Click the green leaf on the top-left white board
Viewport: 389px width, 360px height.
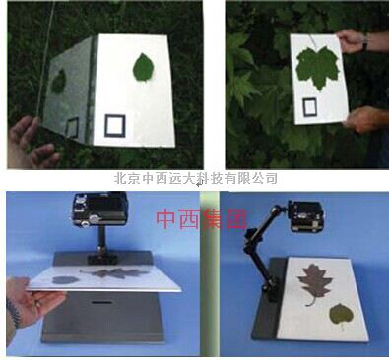[x=143, y=67]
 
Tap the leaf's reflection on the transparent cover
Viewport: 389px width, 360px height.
[x=59, y=82]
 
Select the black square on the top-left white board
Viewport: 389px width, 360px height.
[x=115, y=126]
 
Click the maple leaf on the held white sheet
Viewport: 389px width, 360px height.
[x=318, y=68]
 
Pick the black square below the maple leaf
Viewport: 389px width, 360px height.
[x=310, y=107]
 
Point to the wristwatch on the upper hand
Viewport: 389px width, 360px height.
[x=365, y=41]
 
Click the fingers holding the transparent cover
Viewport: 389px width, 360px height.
[x=31, y=142]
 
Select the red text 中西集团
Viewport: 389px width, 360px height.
[x=201, y=219]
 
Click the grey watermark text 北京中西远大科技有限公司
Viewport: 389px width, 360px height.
[x=196, y=178]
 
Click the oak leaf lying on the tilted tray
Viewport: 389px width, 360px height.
[x=114, y=272]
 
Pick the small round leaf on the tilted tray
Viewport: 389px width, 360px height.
[x=65, y=280]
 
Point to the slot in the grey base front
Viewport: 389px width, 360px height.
[x=100, y=302]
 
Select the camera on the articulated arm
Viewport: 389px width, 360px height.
[x=306, y=215]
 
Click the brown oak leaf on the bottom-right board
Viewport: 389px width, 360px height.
[x=314, y=283]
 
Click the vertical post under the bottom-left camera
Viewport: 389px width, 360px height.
[x=101, y=241]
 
